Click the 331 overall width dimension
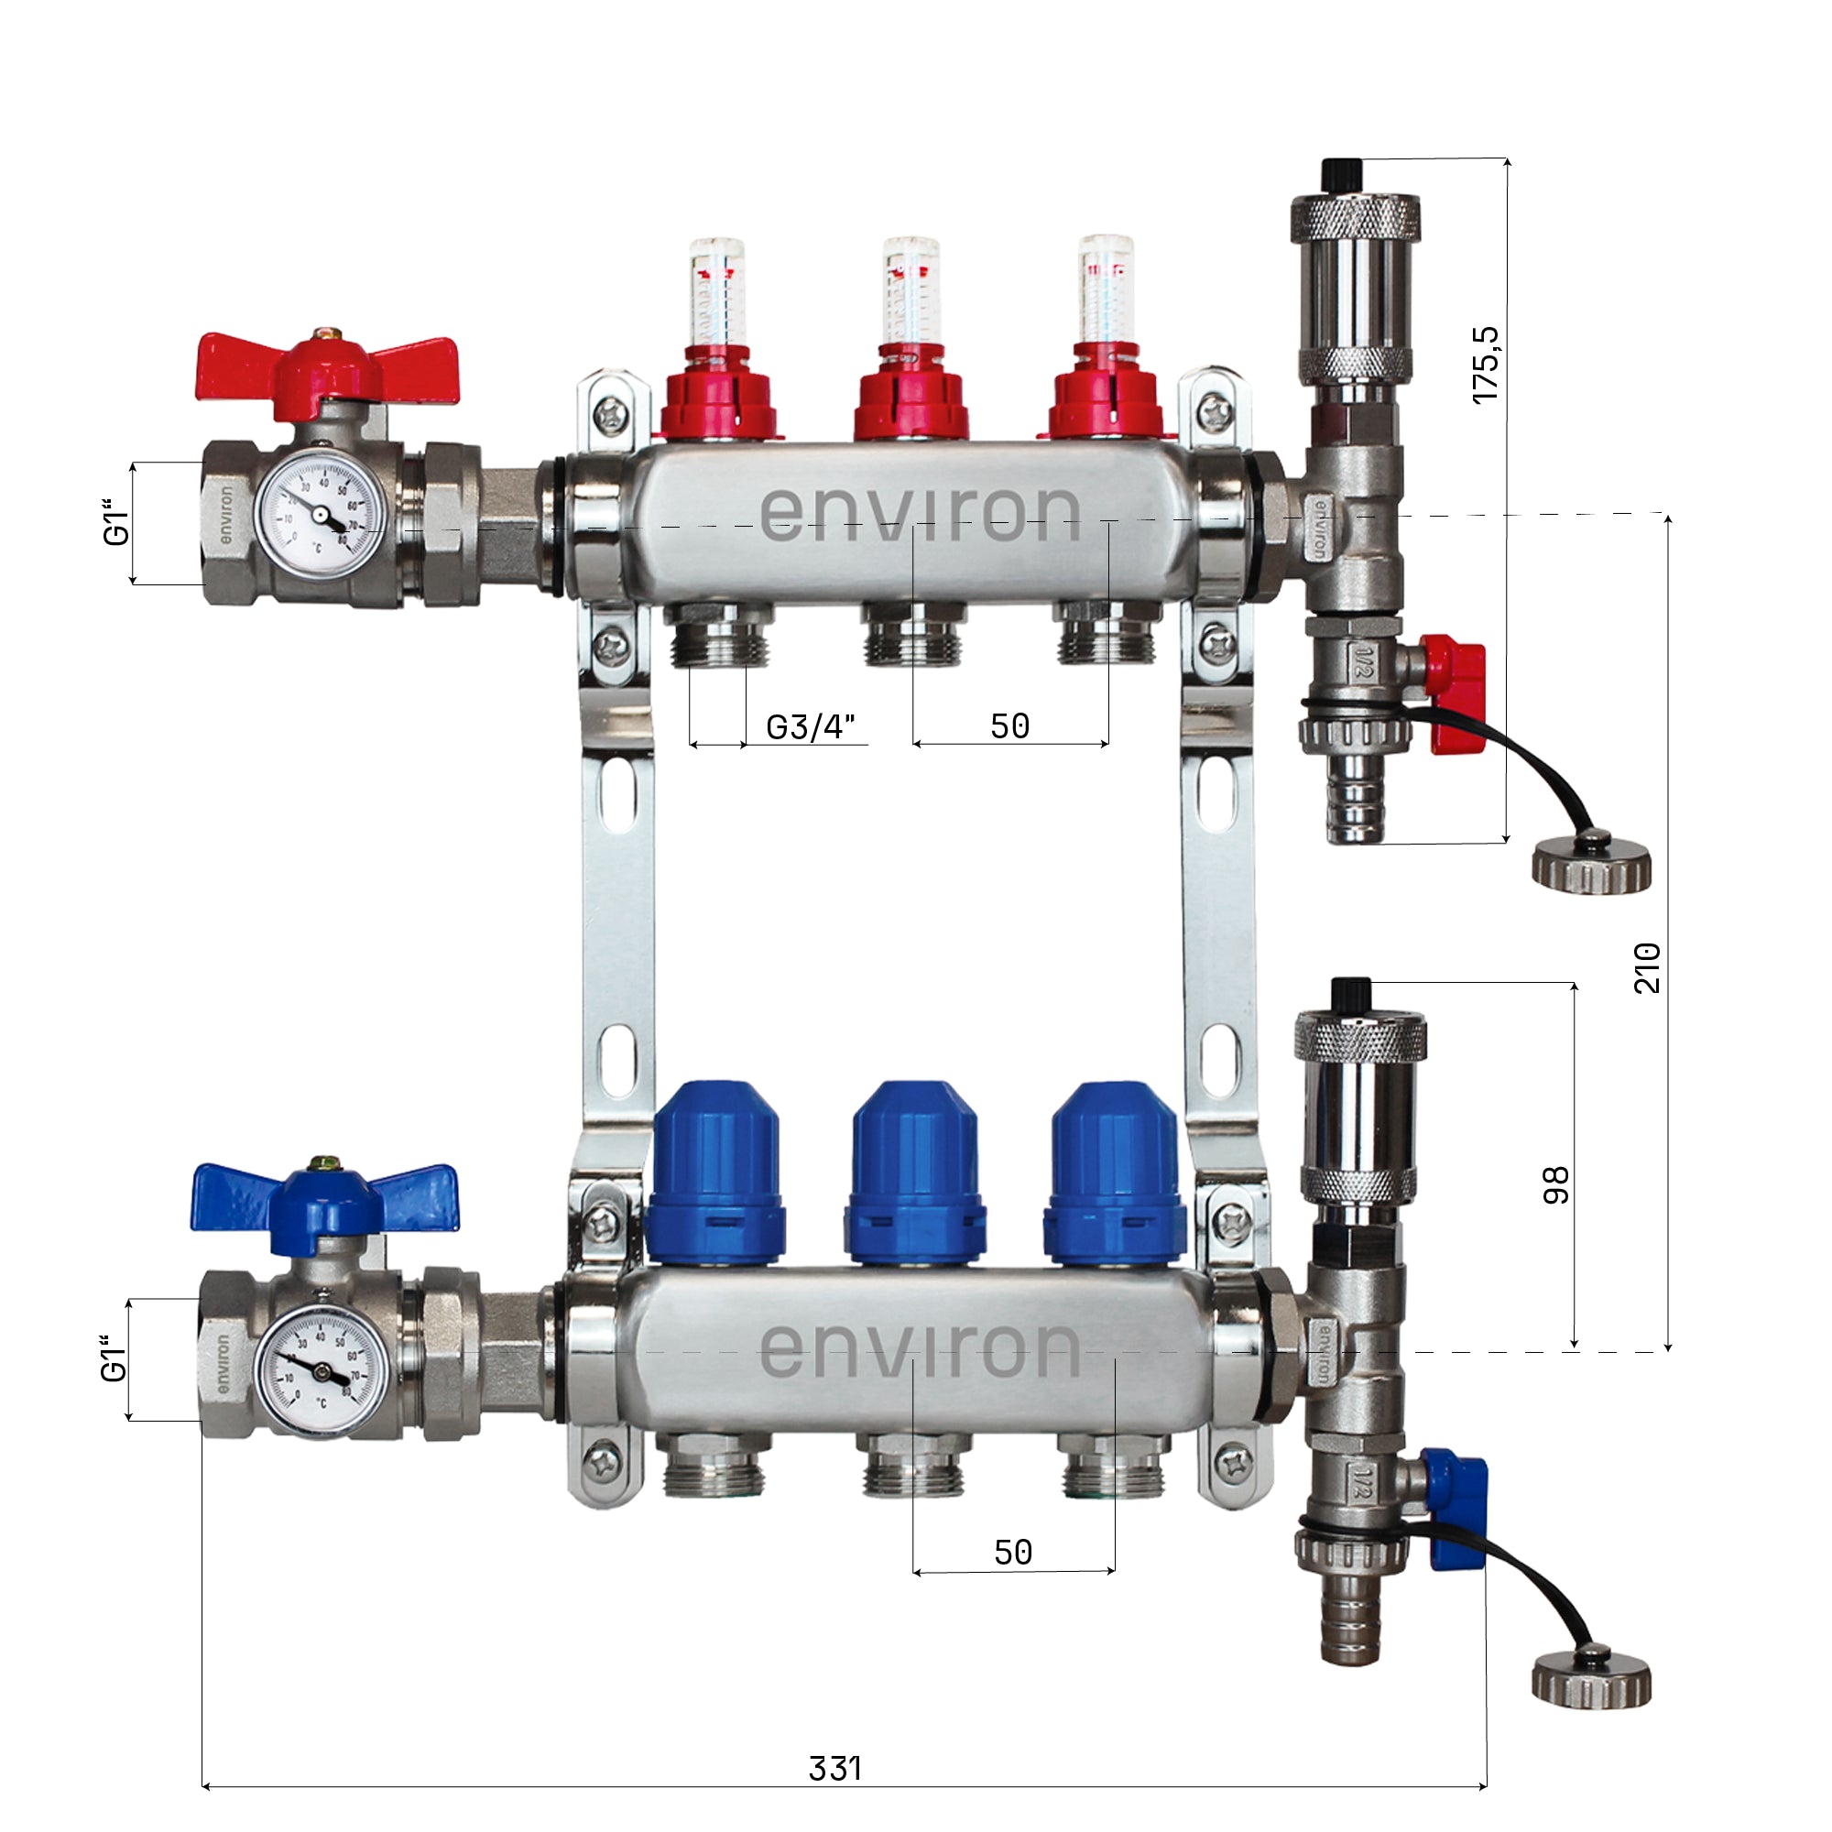[x=834, y=1769]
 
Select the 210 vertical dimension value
[x=1647, y=967]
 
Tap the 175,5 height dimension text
[x=1486, y=365]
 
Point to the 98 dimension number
[x=1556, y=1185]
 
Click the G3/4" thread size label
[x=811, y=727]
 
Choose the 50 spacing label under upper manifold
[x=1009, y=726]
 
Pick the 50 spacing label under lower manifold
[x=1013, y=1553]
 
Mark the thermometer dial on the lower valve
[x=321, y=1372]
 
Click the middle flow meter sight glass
[x=911, y=294]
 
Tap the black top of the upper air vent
[x=1341, y=173]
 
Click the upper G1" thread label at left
[x=114, y=522]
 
